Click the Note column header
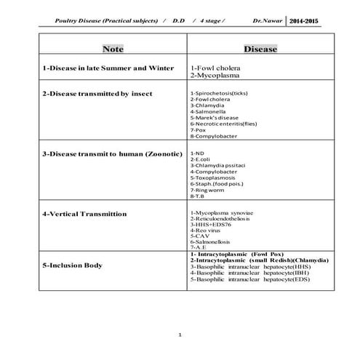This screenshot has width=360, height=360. pyautogui.click(x=113, y=50)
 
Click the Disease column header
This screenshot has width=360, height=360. pyautogui.click(x=260, y=50)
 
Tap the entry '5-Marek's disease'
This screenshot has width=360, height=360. pyautogui.click(x=215, y=117)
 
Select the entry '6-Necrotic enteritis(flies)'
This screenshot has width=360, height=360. pyautogui.click(x=225, y=124)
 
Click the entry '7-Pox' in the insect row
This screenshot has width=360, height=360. pyautogui.click(x=199, y=130)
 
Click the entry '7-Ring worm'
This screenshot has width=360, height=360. pyautogui.click(x=207, y=190)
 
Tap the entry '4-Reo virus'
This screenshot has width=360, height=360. pyautogui.click(x=207, y=230)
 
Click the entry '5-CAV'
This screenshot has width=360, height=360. pyautogui.click(x=200, y=236)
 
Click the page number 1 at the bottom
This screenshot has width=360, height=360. pyautogui.click(x=180, y=335)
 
